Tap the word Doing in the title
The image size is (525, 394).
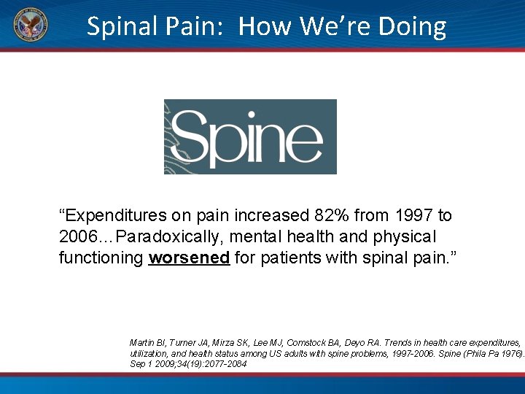[412, 27]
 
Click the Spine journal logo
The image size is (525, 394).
[250, 136]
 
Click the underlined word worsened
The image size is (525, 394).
[190, 258]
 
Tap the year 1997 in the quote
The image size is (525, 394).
[413, 216]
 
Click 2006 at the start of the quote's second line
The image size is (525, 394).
[77, 237]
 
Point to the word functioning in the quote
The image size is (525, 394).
[101, 258]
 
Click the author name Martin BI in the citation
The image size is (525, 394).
[145, 342]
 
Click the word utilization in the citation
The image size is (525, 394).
[147, 353]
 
